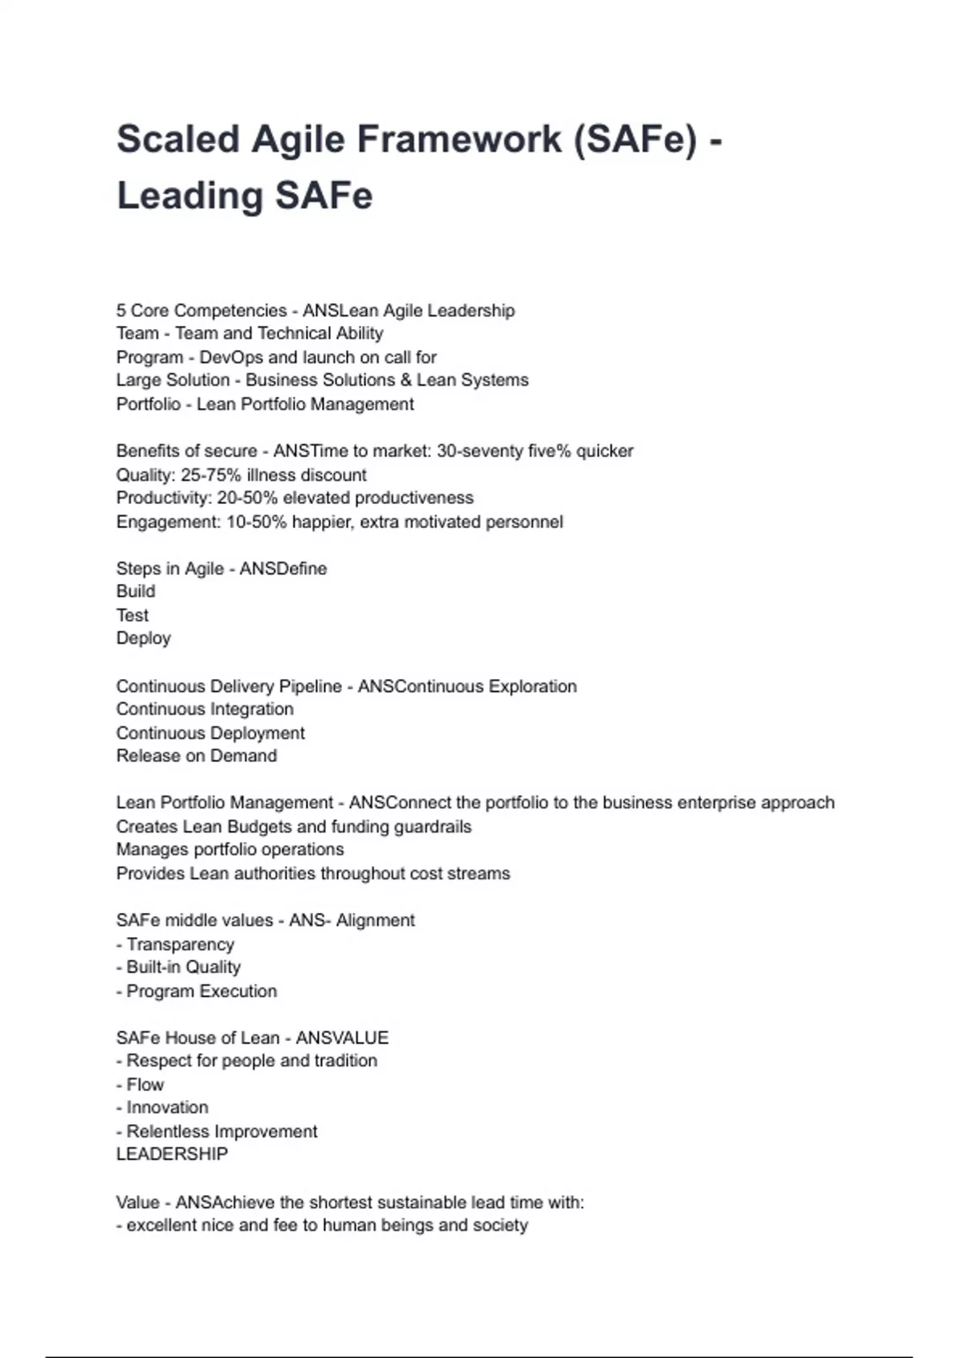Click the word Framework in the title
tap(460, 139)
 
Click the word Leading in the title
tap(190, 196)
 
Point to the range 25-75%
tap(211, 475)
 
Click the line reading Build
tap(136, 591)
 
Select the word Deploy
tap(144, 638)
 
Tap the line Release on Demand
tap(197, 756)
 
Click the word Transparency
tap(181, 944)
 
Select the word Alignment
tap(375, 920)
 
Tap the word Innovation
tap(167, 1107)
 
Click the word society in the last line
tap(500, 1225)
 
